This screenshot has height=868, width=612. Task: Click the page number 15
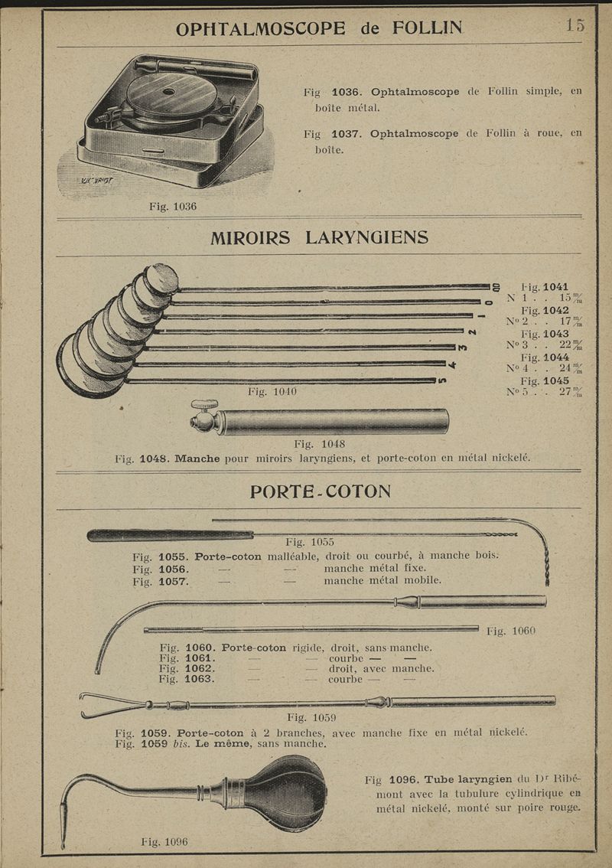[x=575, y=24]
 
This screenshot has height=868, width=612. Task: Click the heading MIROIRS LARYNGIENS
[x=319, y=237]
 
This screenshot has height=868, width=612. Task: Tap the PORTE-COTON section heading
[x=320, y=491]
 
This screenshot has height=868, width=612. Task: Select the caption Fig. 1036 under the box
[x=173, y=207]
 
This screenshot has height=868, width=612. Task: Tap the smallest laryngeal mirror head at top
[x=161, y=279]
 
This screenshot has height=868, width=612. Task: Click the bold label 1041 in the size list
[x=555, y=287]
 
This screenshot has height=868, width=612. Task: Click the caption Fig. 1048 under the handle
[x=319, y=444]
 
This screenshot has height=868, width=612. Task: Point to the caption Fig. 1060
[x=511, y=631]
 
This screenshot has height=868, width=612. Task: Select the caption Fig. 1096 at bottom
[x=164, y=842]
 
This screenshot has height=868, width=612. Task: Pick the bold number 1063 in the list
[x=200, y=678]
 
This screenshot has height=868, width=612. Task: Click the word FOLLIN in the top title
[x=427, y=28]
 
